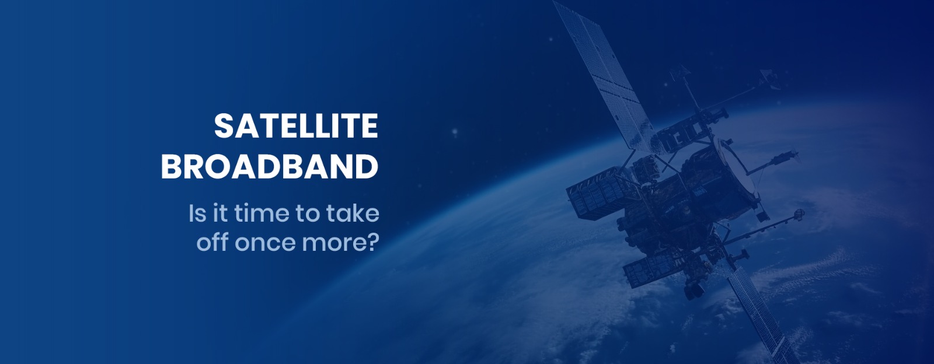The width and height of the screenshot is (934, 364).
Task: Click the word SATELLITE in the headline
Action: tap(296, 126)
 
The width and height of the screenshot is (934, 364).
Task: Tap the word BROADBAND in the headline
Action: tap(270, 167)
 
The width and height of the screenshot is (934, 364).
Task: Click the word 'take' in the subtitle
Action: tap(353, 213)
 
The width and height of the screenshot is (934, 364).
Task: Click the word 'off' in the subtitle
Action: tap(212, 242)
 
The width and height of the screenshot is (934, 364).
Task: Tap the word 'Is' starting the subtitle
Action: tap(197, 213)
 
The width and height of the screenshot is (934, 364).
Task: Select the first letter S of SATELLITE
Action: tap(224, 126)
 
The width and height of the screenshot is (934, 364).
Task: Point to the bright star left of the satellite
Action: tap(455, 132)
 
